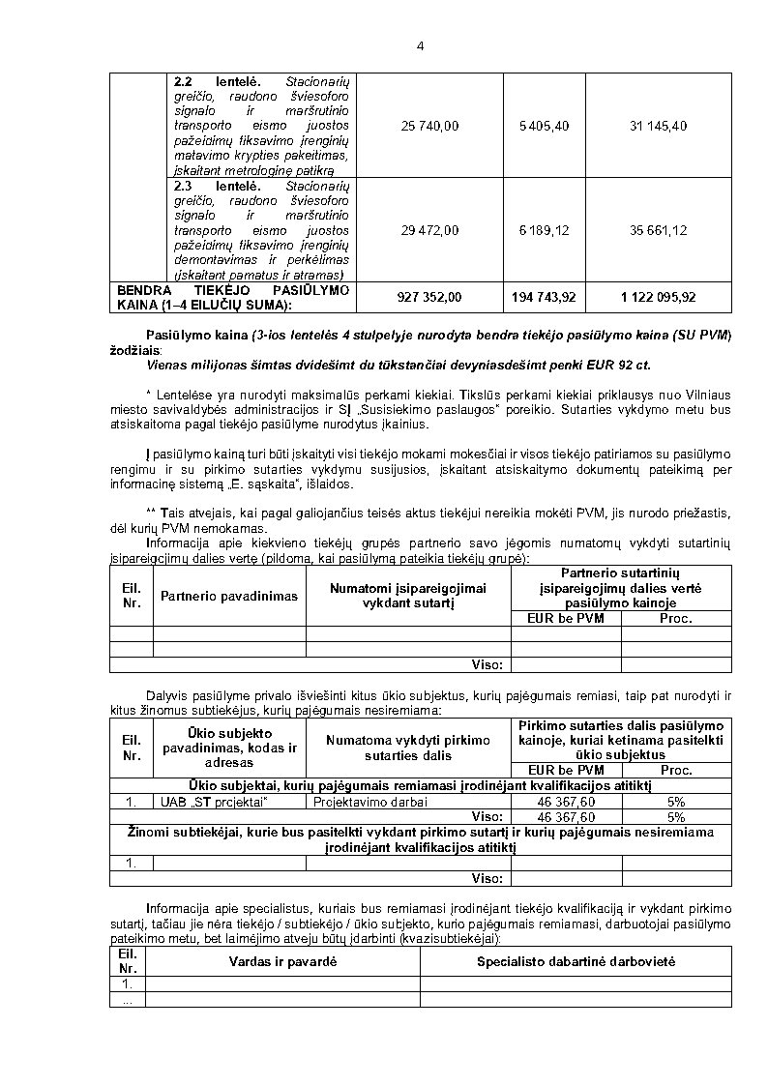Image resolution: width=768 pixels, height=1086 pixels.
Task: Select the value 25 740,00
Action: [429, 126]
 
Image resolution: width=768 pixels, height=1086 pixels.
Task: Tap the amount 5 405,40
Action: [544, 126]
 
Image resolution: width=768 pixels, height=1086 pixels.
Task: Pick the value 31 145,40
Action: [658, 126]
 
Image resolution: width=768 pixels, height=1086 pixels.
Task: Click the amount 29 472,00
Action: [429, 230]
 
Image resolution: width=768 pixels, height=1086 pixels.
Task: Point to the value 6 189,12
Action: [544, 230]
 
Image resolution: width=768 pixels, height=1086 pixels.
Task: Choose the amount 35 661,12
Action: [658, 230]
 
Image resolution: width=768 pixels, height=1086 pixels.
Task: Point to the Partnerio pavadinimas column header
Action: [229, 596]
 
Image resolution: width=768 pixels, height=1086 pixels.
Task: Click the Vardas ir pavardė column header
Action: [282, 961]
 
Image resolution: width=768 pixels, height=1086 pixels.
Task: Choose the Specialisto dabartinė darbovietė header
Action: [576, 961]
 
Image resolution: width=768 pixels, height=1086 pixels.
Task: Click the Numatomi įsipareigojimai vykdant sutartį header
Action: [407, 595]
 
